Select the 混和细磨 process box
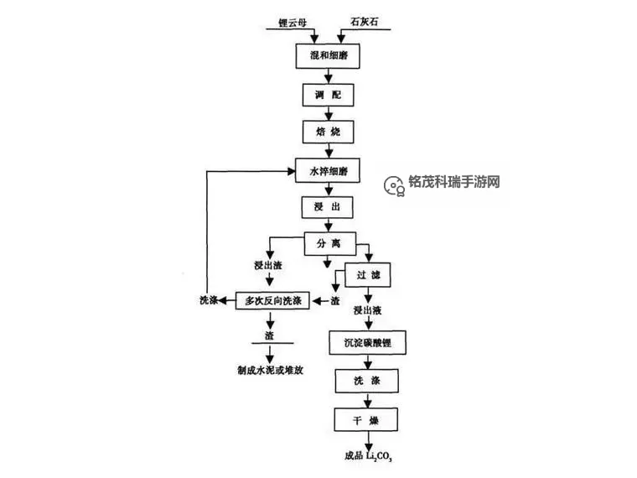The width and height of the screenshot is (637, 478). (x=328, y=56)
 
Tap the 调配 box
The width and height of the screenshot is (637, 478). (x=328, y=95)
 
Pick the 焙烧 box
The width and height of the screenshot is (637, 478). (x=328, y=132)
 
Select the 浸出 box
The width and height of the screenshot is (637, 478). (x=328, y=206)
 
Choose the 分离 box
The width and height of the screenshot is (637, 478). (x=328, y=244)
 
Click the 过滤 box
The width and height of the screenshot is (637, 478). (x=368, y=275)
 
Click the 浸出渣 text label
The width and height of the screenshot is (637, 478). (x=268, y=266)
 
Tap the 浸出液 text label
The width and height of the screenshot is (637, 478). (x=368, y=311)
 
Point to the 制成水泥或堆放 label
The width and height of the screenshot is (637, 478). (x=272, y=369)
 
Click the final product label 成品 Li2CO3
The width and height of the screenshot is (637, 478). (x=369, y=458)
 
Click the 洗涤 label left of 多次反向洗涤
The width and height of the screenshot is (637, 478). (x=210, y=300)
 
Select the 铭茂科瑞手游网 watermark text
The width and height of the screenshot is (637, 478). (x=453, y=182)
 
